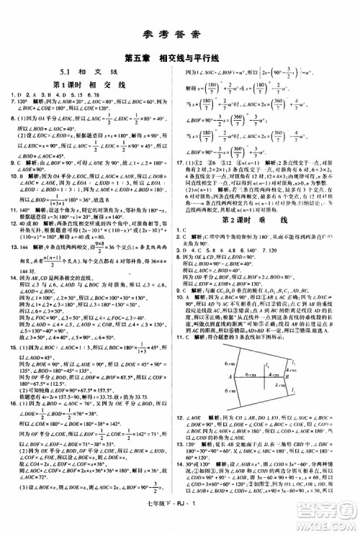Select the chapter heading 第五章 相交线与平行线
pyautogui.click(x=179, y=58)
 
